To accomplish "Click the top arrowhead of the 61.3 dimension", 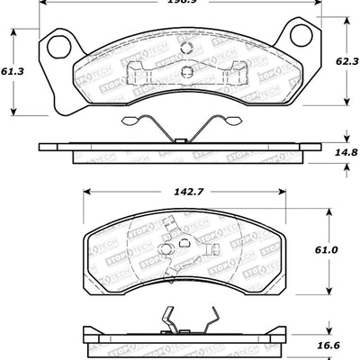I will [x=13, y=31].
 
